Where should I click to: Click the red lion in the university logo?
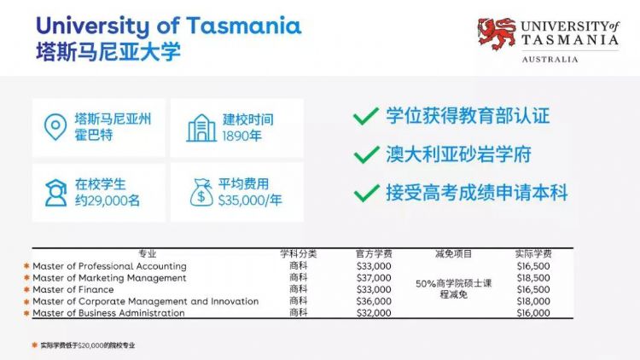(x=497, y=33)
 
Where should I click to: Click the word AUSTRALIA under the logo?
(x=550, y=60)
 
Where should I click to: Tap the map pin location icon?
(x=55, y=127)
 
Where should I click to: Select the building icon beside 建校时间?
(x=201, y=128)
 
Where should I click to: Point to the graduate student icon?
(x=56, y=193)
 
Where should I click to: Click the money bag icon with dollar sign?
(x=201, y=192)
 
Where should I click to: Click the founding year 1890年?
(x=241, y=136)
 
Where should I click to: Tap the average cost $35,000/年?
(x=250, y=200)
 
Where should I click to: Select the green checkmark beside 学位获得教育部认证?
(x=366, y=116)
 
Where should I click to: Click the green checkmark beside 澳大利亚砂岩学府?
(x=366, y=154)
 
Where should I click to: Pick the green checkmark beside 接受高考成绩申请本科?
(x=367, y=193)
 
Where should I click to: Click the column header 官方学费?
(x=374, y=254)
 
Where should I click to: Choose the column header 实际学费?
(x=533, y=254)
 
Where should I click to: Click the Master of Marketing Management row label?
(x=109, y=278)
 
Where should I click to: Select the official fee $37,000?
(x=374, y=278)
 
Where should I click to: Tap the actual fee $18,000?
(x=533, y=301)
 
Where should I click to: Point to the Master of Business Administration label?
(x=108, y=313)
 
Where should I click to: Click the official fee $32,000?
(x=374, y=313)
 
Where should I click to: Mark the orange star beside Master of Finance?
(x=26, y=289)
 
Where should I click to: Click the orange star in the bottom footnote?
(x=34, y=345)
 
